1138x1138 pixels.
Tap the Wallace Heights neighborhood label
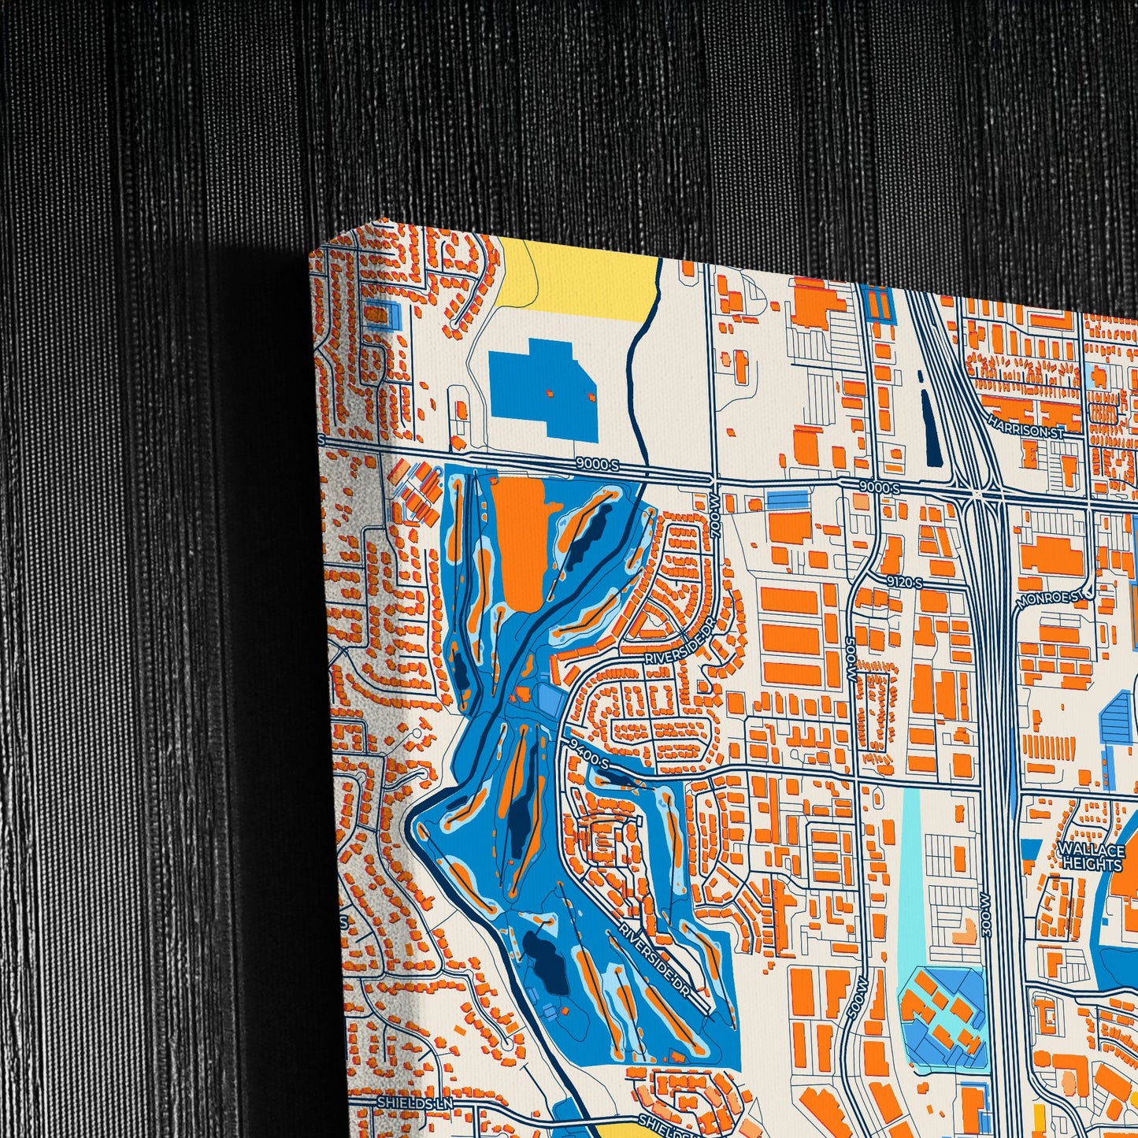[x=1091, y=857]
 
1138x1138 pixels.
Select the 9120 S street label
[x=903, y=581]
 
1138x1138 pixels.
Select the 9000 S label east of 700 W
[x=880, y=488]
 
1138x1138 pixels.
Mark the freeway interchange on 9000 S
[x=977, y=495]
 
